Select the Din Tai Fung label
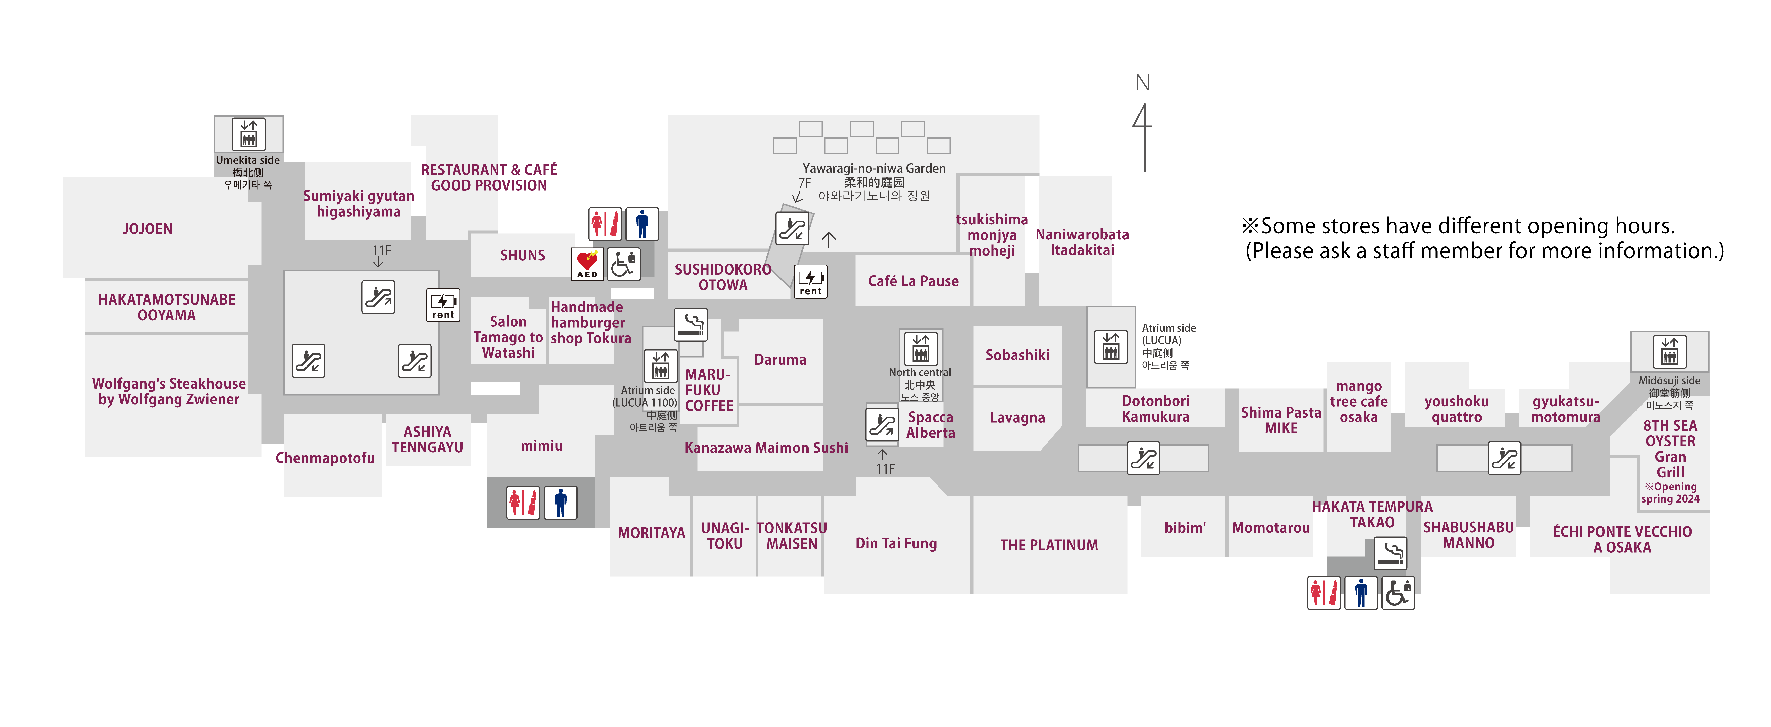pos(896,543)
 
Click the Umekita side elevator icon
pos(248,134)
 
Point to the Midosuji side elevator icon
pos(1669,352)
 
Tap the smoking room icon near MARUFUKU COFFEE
pos(691,324)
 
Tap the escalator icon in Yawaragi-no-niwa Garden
pos(791,228)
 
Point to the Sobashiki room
pos(1017,355)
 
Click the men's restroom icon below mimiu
pos(560,502)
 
